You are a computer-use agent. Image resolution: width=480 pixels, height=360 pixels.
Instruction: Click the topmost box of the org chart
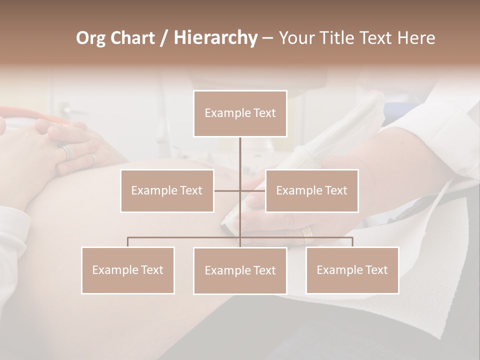(x=240, y=113)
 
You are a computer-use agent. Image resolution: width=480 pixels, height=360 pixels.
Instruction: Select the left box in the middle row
(x=167, y=190)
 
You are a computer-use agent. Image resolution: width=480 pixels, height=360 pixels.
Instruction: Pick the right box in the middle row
(x=311, y=190)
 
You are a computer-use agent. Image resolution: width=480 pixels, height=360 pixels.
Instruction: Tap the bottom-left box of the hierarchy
(x=128, y=270)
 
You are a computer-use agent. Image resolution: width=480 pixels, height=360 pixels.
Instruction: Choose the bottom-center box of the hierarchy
(x=240, y=270)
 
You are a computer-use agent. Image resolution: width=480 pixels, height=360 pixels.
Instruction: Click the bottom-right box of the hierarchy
(x=352, y=270)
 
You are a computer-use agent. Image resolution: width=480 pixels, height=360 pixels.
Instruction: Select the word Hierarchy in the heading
(x=215, y=38)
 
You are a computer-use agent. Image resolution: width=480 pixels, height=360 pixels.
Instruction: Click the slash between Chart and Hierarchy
(x=163, y=38)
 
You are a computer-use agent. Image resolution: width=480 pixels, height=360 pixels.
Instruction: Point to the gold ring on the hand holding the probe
(x=306, y=232)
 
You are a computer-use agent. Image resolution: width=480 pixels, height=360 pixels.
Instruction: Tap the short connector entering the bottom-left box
(x=128, y=242)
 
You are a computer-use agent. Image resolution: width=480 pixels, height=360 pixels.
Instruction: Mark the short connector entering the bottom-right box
(x=352, y=242)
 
